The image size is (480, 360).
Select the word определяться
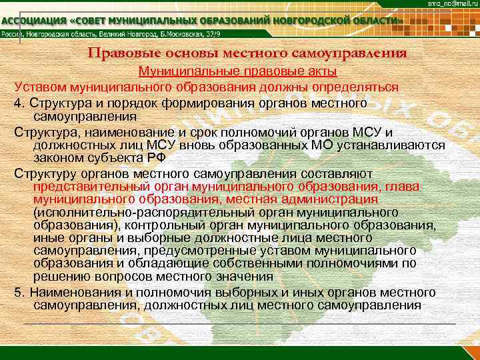tap(356, 87)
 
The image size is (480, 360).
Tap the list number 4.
tap(17, 104)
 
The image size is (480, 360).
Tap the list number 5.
tap(17, 293)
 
